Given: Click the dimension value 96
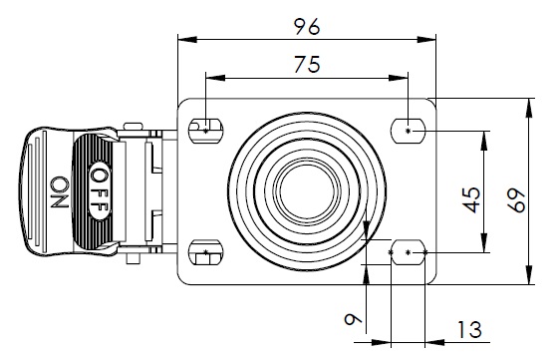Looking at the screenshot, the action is tap(307, 27).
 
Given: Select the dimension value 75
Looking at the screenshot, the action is tap(308, 65).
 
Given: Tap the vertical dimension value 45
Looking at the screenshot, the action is tap(472, 199).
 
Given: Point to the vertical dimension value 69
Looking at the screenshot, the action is tap(516, 200).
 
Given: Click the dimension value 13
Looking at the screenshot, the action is tap(469, 329).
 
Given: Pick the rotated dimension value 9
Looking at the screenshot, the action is tap(353, 319).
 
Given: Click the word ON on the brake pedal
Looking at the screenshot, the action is tap(60, 192).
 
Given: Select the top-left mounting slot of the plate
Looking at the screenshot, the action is tap(205, 131).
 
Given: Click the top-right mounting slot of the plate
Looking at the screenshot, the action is tap(409, 131).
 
